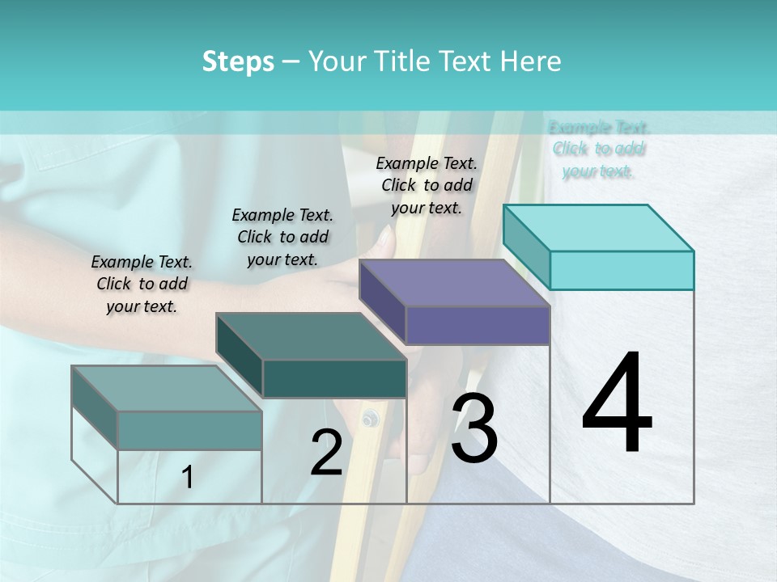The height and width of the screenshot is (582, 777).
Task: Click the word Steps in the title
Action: tap(238, 61)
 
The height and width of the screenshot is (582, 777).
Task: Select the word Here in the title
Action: tap(530, 61)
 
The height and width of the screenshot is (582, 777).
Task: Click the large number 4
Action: tap(617, 403)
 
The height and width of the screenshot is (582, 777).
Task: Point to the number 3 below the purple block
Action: tap(474, 428)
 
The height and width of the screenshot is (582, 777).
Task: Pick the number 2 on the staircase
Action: tap(326, 452)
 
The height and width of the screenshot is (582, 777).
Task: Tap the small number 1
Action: tap(188, 478)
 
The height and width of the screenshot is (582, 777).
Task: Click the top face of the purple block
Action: tap(454, 283)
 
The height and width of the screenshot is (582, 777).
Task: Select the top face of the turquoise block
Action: tap(598, 227)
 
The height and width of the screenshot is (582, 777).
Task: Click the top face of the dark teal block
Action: tap(310, 336)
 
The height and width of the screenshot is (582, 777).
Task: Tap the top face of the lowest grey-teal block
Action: tap(167, 389)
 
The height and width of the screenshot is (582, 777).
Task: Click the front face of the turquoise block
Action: tap(622, 270)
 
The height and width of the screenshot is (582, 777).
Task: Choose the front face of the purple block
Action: tap(478, 325)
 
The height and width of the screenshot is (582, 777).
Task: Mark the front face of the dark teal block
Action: tap(334, 378)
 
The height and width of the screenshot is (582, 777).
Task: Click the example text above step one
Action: tap(142, 284)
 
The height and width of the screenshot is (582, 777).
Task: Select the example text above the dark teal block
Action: tap(282, 237)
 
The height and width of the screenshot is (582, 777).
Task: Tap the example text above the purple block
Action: tap(427, 185)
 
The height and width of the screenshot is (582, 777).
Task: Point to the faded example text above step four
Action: tap(599, 149)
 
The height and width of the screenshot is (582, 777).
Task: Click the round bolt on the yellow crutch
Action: tap(371, 418)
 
